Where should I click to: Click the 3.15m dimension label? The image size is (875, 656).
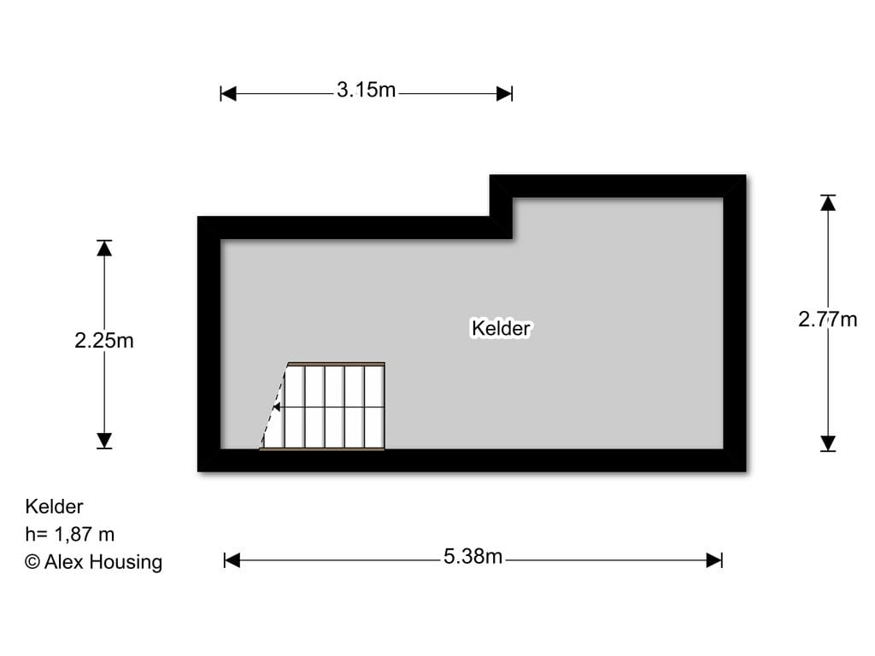coord(366,90)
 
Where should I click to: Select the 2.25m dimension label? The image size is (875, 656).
coord(104,340)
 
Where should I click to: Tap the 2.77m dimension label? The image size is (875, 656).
coord(827,319)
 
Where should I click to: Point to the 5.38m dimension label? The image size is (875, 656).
coord(473,557)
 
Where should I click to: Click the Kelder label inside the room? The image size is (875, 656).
coord(501,328)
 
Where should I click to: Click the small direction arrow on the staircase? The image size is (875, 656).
coord(276,407)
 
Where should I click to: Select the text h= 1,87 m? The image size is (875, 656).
coord(70,535)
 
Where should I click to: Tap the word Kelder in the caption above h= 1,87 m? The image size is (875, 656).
coord(54,507)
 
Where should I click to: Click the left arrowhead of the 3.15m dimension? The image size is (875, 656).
coord(228,94)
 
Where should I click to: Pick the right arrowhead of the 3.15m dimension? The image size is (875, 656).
coord(504,94)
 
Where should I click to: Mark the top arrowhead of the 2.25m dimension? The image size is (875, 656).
coord(104,249)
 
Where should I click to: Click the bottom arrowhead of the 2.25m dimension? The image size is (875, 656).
coord(104,441)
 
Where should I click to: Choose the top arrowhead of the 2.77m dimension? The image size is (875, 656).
coord(828,202)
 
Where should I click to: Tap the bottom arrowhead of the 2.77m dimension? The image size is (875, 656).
coord(828,443)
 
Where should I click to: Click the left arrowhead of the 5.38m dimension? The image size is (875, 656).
coord(232,560)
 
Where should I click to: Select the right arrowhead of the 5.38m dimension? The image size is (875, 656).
coord(714,560)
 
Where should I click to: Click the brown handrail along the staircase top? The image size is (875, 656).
coord(336,364)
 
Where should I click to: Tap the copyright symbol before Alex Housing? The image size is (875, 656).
coord(32,562)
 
